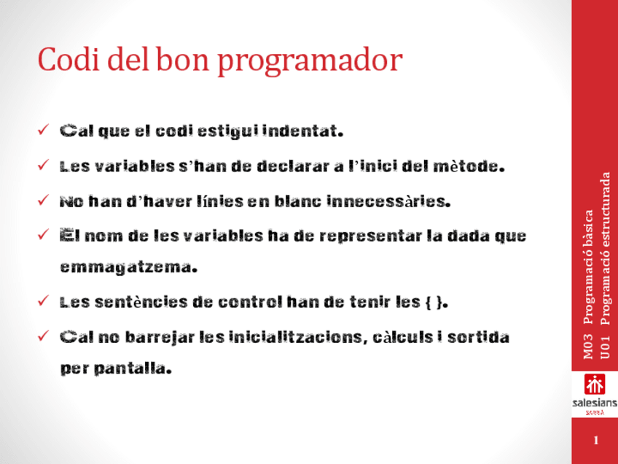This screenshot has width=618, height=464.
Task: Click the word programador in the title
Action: pyautogui.click(x=310, y=61)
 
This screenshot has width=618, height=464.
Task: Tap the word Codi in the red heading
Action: pyautogui.click(x=69, y=59)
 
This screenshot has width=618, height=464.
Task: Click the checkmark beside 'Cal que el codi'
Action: pyautogui.click(x=43, y=129)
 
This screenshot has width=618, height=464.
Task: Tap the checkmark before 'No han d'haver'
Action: pyautogui.click(x=43, y=200)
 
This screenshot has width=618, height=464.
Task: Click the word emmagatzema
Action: pyautogui.click(x=128, y=268)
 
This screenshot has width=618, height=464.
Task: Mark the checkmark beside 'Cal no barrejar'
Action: pyautogui.click(x=43, y=336)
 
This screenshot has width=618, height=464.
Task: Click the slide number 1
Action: pyautogui.click(x=595, y=441)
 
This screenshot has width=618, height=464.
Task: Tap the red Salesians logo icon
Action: pyautogui.click(x=595, y=384)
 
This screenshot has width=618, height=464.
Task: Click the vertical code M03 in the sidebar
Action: pyautogui.click(x=587, y=347)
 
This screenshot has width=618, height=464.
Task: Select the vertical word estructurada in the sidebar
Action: pyautogui.click(x=605, y=214)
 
